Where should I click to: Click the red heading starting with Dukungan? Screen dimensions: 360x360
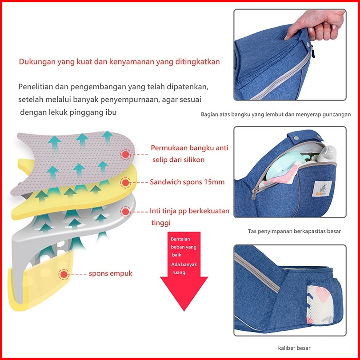119,61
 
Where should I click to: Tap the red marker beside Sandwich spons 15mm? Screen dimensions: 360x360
125,183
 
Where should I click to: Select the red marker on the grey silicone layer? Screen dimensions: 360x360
125,154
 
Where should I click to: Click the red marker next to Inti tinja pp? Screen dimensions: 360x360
125,212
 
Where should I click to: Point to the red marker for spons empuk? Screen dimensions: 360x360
64,274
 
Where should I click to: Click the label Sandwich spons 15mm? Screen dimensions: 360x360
187,182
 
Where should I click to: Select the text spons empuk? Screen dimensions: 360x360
111,273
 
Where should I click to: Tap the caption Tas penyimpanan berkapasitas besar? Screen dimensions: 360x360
294,231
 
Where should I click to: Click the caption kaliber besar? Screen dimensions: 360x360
294,348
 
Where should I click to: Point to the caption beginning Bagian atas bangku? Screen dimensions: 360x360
276,114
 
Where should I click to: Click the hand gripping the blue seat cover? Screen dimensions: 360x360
316,25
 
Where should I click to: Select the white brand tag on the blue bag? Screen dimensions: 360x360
322,188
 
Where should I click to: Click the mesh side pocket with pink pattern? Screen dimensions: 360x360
320,304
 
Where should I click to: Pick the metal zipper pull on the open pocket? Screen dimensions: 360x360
254,192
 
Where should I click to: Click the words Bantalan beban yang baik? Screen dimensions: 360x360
184,247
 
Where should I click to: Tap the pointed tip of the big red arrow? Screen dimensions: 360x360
184,311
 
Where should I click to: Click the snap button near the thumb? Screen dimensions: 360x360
308,44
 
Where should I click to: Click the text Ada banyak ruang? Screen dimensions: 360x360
184,268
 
